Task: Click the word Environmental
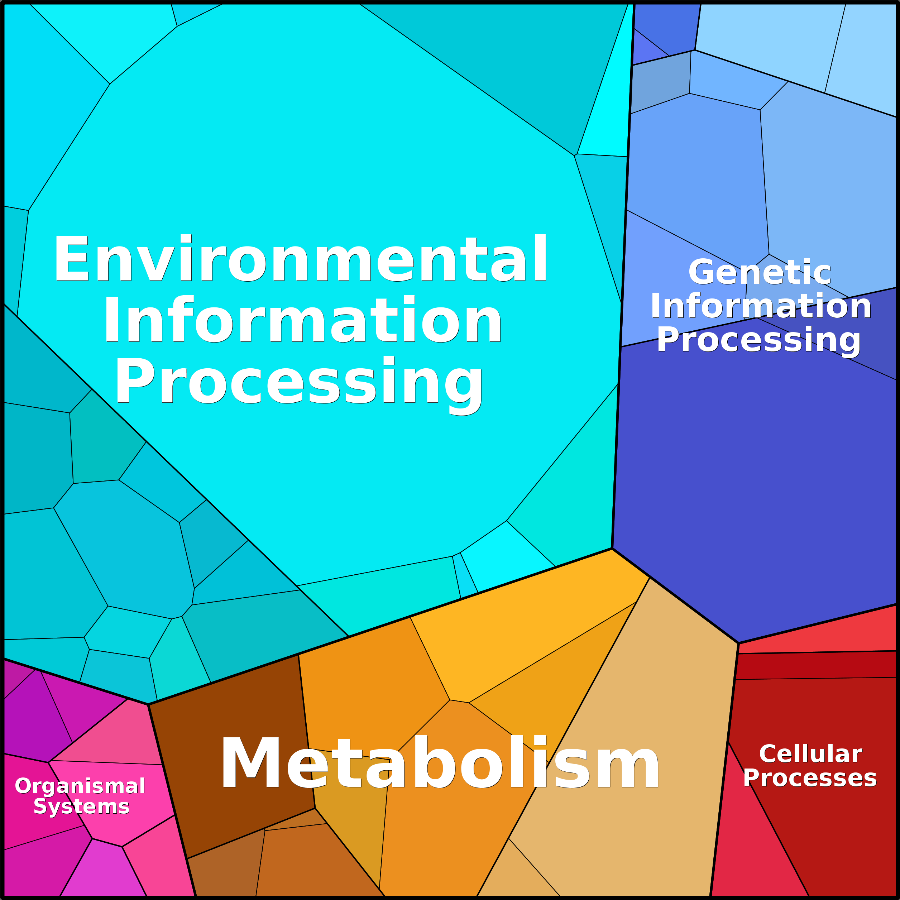click(x=301, y=259)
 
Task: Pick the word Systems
click(x=82, y=806)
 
